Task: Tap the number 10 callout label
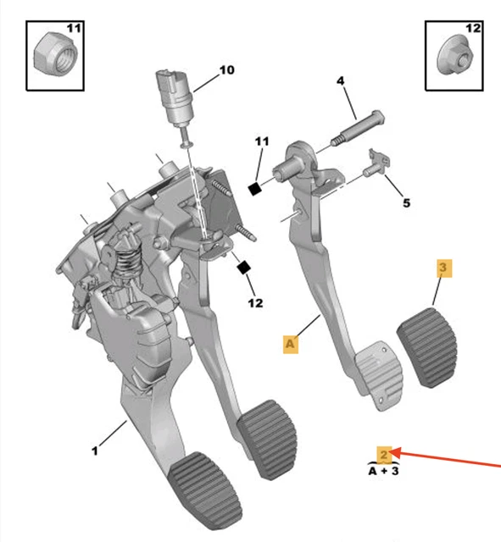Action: pyautogui.click(x=226, y=70)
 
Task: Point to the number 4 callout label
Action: pyautogui.click(x=340, y=81)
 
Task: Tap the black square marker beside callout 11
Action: pyautogui.click(x=253, y=189)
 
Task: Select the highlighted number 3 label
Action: pyautogui.click(x=444, y=269)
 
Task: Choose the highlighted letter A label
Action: pyautogui.click(x=292, y=343)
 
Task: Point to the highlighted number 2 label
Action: pyautogui.click(x=385, y=454)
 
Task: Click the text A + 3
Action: pyautogui.click(x=384, y=470)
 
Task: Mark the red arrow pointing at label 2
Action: pyautogui.click(x=449, y=462)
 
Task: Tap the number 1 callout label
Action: pyautogui.click(x=95, y=451)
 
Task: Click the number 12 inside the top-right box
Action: pyautogui.click(x=472, y=29)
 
